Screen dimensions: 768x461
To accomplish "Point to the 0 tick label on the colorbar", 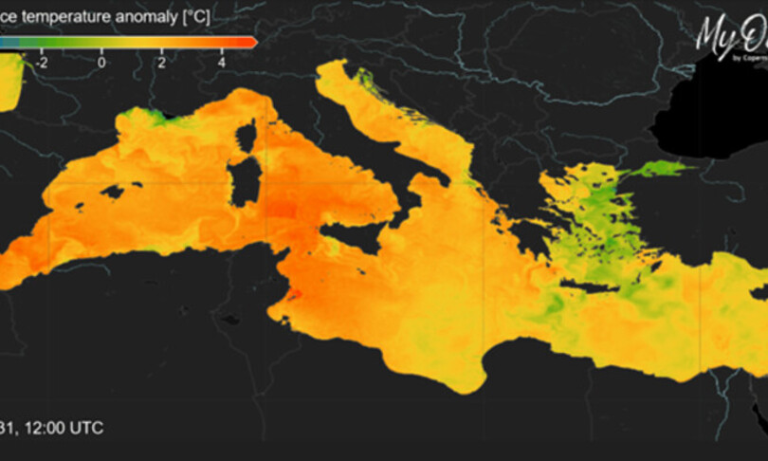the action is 101,62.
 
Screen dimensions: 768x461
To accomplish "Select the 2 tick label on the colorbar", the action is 161,62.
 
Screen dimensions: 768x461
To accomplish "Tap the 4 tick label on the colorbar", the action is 221,62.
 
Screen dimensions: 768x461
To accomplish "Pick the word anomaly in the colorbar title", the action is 156,16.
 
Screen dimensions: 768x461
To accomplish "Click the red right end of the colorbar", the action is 248,42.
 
